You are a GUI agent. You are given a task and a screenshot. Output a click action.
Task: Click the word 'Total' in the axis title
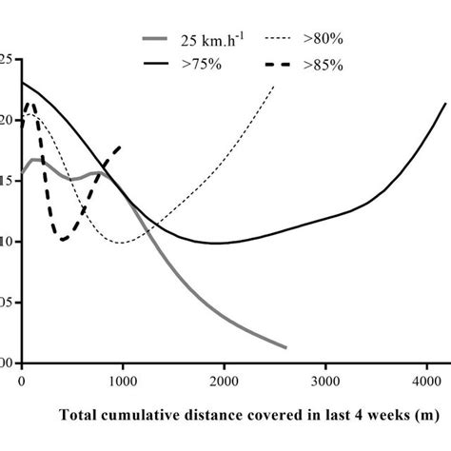(x=79, y=415)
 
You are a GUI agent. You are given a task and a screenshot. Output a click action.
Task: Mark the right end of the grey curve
(x=285, y=347)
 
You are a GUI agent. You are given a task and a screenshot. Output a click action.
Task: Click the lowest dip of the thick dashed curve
(x=64, y=239)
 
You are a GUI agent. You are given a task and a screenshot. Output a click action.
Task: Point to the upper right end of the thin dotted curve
(x=274, y=87)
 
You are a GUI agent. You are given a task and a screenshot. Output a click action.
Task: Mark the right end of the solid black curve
(x=444, y=103)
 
